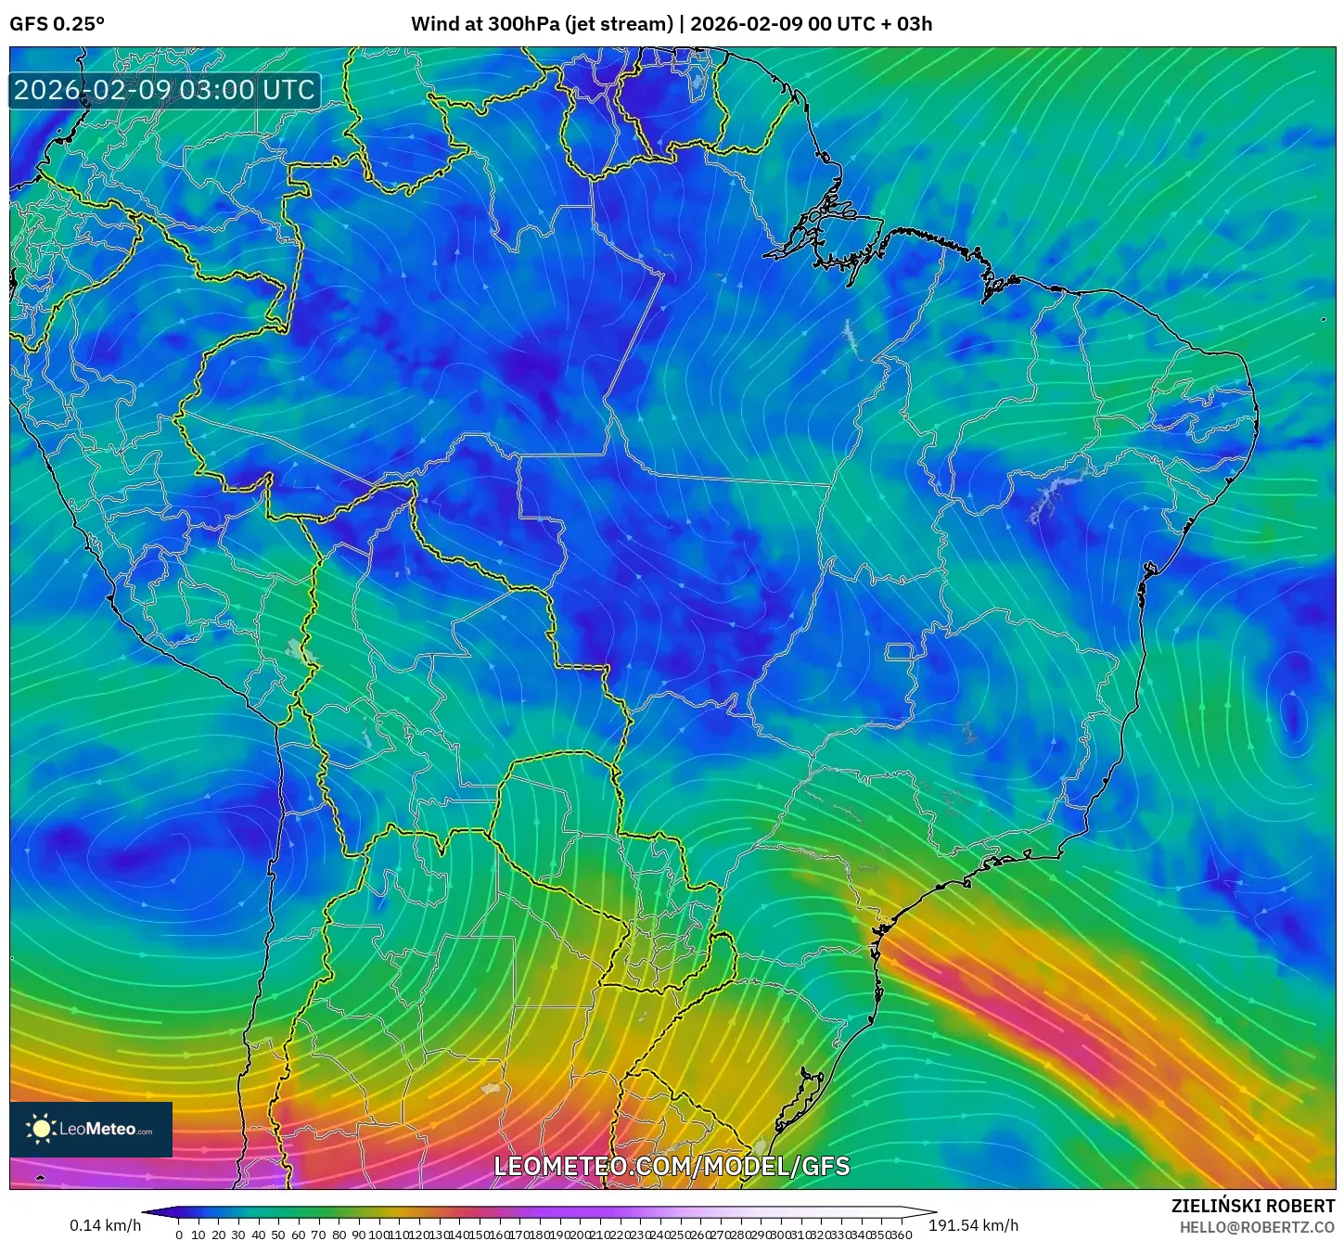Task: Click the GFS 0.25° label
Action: point(57,24)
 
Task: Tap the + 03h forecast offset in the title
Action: point(907,24)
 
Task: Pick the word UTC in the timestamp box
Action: point(288,90)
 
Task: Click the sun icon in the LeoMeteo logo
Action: point(41,1129)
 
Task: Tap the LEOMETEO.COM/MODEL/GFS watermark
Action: point(672,1166)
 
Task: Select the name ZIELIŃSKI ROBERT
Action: point(1252,1206)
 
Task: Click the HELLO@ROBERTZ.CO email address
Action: point(1256,1227)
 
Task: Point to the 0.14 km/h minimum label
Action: point(105,1225)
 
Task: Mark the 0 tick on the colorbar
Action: point(179,1235)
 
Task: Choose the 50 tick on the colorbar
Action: point(278,1235)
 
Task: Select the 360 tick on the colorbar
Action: point(902,1235)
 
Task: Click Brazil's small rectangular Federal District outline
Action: point(899,652)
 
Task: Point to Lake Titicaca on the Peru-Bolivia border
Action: point(300,652)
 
